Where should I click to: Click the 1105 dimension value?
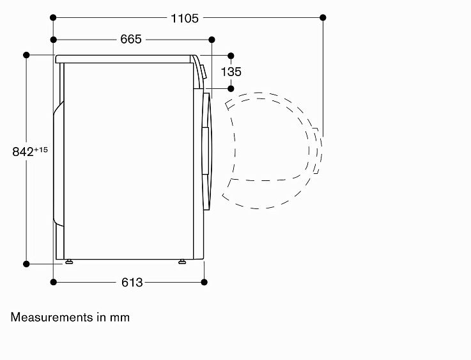click(x=185, y=19)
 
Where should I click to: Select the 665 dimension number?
click(x=130, y=40)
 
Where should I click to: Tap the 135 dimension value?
click(x=231, y=72)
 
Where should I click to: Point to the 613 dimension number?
click(x=132, y=283)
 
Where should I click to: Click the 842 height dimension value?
click(x=23, y=152)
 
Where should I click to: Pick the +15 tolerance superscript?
click(x=41, y=150)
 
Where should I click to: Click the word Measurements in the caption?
click(x=52, y=317)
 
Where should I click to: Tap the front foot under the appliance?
click(x=182, y=262)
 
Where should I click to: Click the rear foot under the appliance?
click(x=69, y=262)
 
